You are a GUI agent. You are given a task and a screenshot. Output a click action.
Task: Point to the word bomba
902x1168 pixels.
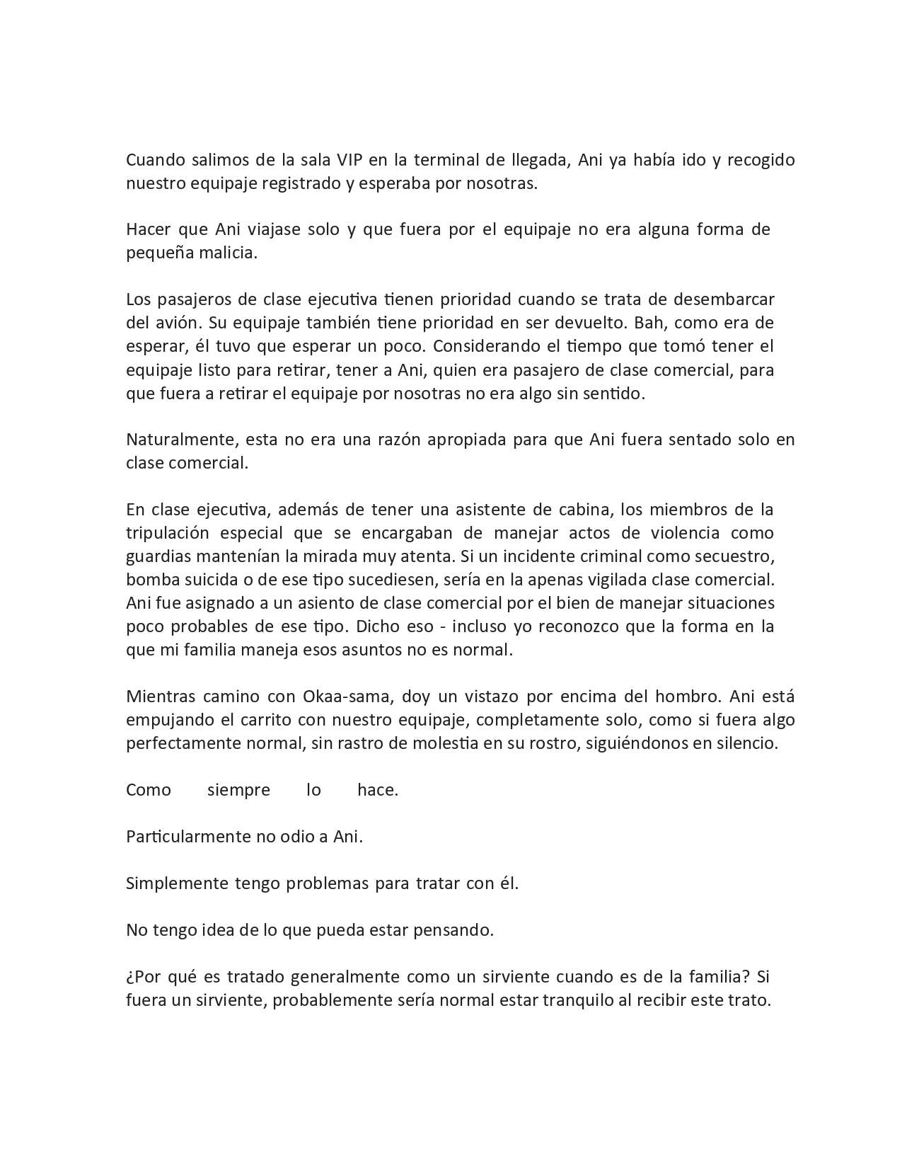pos(149,580)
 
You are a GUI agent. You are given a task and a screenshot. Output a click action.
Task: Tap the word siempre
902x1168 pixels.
pos(238,790)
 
